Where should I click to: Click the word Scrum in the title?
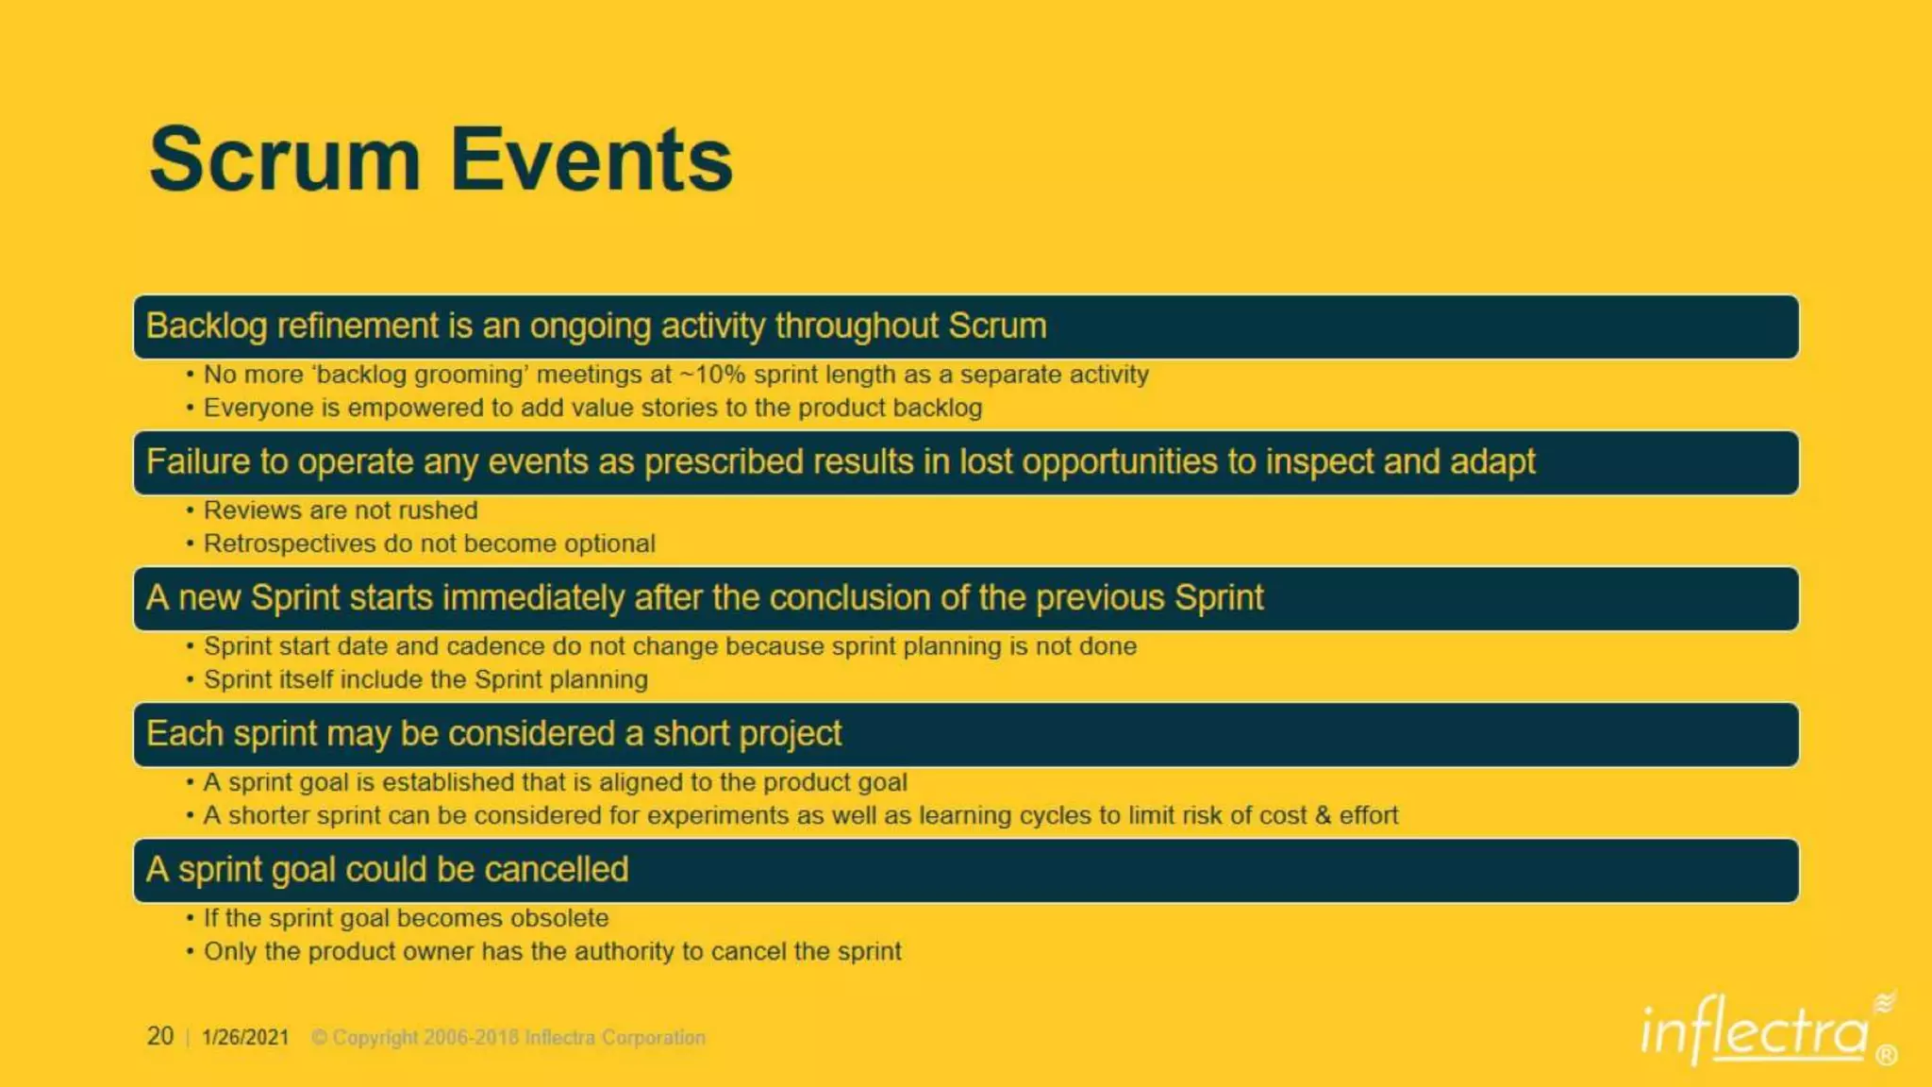pos(284,160)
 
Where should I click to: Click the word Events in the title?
pos(591,160)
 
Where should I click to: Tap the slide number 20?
pos(160,1036)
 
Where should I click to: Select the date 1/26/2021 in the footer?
pos(245,1037)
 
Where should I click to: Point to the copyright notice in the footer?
pos(508,1038)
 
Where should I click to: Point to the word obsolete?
pos(559,918)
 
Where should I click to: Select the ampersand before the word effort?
pos(1323,815)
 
